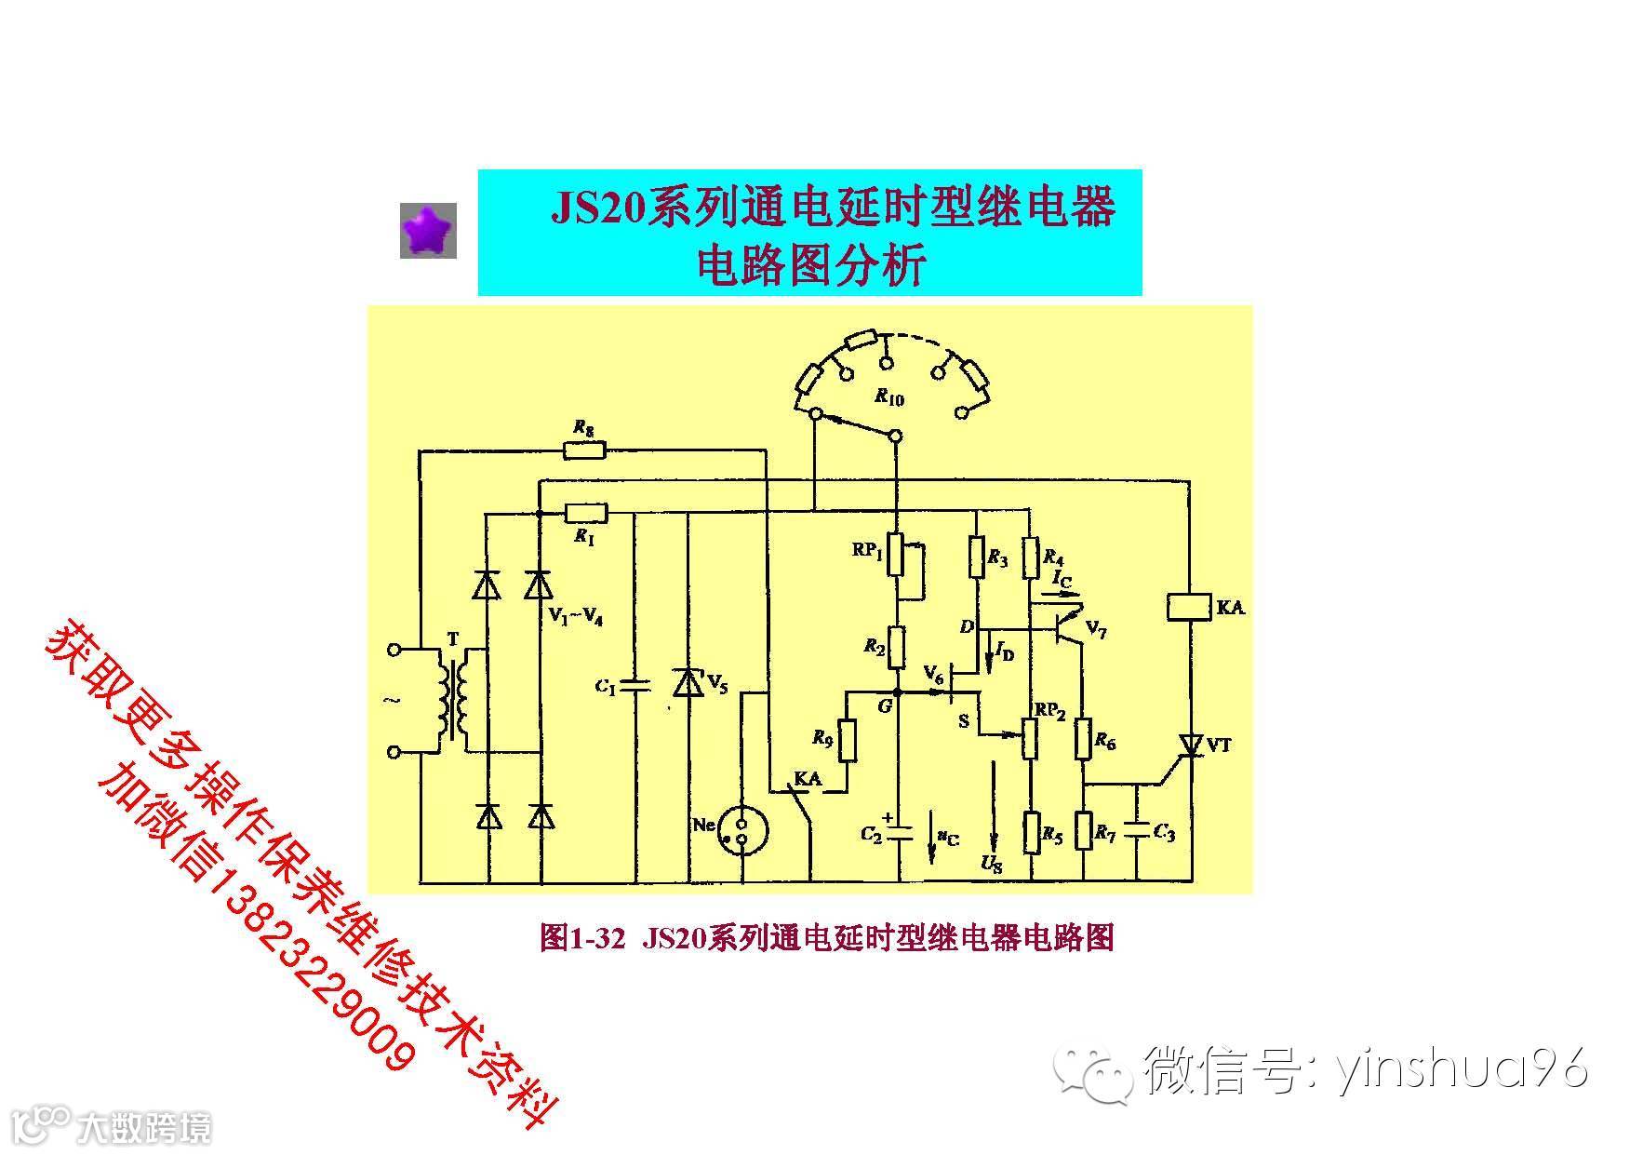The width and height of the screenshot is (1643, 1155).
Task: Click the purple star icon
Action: [x=428, y=230]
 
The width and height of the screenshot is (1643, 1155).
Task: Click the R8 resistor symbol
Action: [x=584, y=451]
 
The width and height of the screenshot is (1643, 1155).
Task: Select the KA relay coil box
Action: [x=1190, y=608]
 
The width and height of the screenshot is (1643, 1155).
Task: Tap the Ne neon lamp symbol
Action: [x=741, y=831]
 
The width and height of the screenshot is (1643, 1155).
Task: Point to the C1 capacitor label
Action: [x=606, y=687]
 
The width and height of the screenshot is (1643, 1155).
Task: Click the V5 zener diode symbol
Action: [x=688, y=682]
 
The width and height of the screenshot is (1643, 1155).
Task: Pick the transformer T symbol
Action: [x=453, y=698]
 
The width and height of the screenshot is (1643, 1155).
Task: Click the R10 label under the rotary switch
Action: [x=888, y=398]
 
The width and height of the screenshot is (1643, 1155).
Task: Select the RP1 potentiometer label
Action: [x=866, y=550]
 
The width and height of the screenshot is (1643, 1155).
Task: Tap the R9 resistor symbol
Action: [x=847, y=740]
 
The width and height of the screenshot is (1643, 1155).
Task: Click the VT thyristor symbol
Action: [x=1190, y=745]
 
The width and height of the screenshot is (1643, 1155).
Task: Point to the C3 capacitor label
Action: [x=1164, y=832]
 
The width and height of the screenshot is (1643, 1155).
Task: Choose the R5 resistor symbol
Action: [x=1031, y=832]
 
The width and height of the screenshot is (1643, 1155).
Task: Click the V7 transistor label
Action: [x=1097, y=632]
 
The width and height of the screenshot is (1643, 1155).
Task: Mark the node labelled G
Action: [x=897, y=693]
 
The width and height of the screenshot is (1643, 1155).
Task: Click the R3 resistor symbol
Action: [x=977, y=557]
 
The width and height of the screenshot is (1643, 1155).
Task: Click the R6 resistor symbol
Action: [x=1084, y=739]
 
